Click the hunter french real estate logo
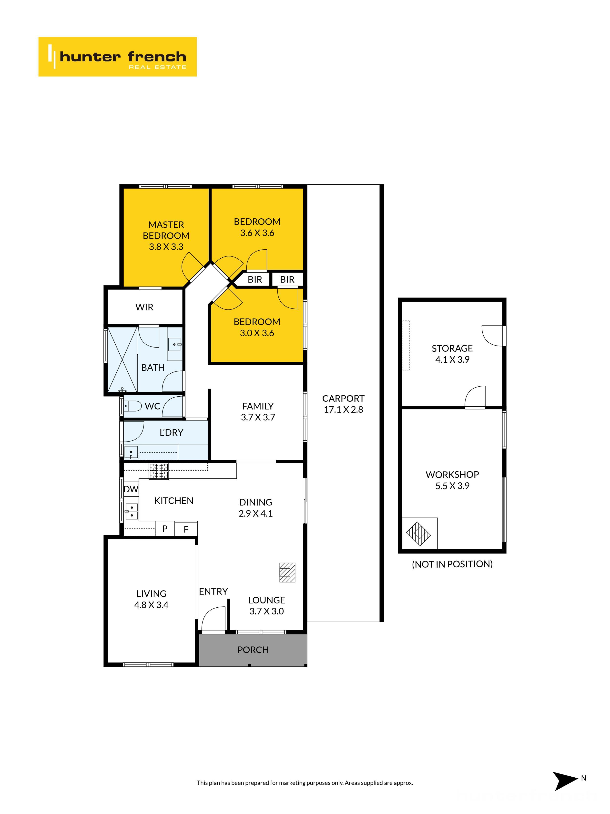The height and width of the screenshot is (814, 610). pyautogui.click(x=117, y=57)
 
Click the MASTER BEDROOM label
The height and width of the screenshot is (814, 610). pyautogui.click(x=166, y=230)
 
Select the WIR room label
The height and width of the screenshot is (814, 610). pyautogui.click(x=144, y=307)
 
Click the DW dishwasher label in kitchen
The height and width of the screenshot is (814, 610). pyautogui.click(x=131, y=489)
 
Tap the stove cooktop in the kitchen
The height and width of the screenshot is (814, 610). pyautogui.click(x=158, y=471)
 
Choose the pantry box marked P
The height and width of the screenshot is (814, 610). pyautogui.click(x=165, y=529)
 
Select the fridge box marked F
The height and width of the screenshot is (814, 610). pyautogui.click(x=186, y=529)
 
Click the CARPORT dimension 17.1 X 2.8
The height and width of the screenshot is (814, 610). pyautogui.click(x=343, y=410)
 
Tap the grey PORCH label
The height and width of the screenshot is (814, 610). pyautogui.click(x=253, y=650)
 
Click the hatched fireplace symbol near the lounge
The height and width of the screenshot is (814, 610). pyautogui.click(x=287, y=572)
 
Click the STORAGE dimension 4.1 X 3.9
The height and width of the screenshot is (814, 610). pyautogui.click(x=452, y=359)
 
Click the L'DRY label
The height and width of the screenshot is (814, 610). pyautogui.click(x=171, y=432)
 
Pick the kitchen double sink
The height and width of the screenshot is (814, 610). pyautogui.click(x=131, y=511)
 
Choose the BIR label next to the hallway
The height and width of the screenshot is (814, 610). pyautogui.click(x=255, y=280)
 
